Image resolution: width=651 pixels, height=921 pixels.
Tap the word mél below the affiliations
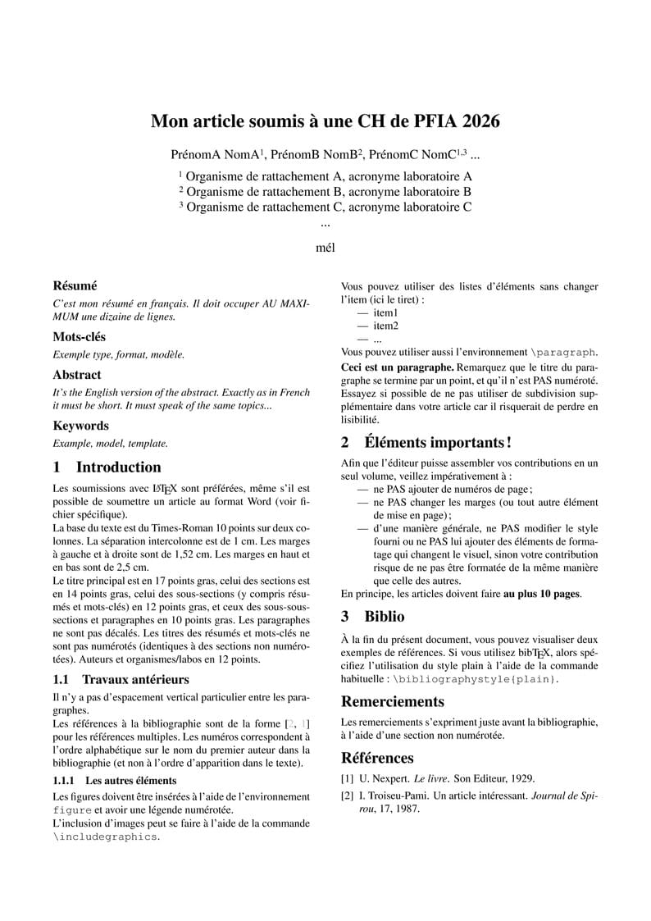click(325, 246)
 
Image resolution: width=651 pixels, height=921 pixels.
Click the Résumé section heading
click(75, 286)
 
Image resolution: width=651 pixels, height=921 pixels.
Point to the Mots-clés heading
click(79, 337)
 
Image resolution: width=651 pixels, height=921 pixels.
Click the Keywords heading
click(80, 426)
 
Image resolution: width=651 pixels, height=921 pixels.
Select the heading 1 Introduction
click(107, 467)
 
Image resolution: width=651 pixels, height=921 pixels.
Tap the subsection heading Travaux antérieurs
click(135, 679)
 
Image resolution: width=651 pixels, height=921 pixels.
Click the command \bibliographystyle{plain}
click(476, 680)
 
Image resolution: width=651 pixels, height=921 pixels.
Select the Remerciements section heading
click(393, 702)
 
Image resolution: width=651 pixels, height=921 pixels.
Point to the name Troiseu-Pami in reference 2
click(393, 796)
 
